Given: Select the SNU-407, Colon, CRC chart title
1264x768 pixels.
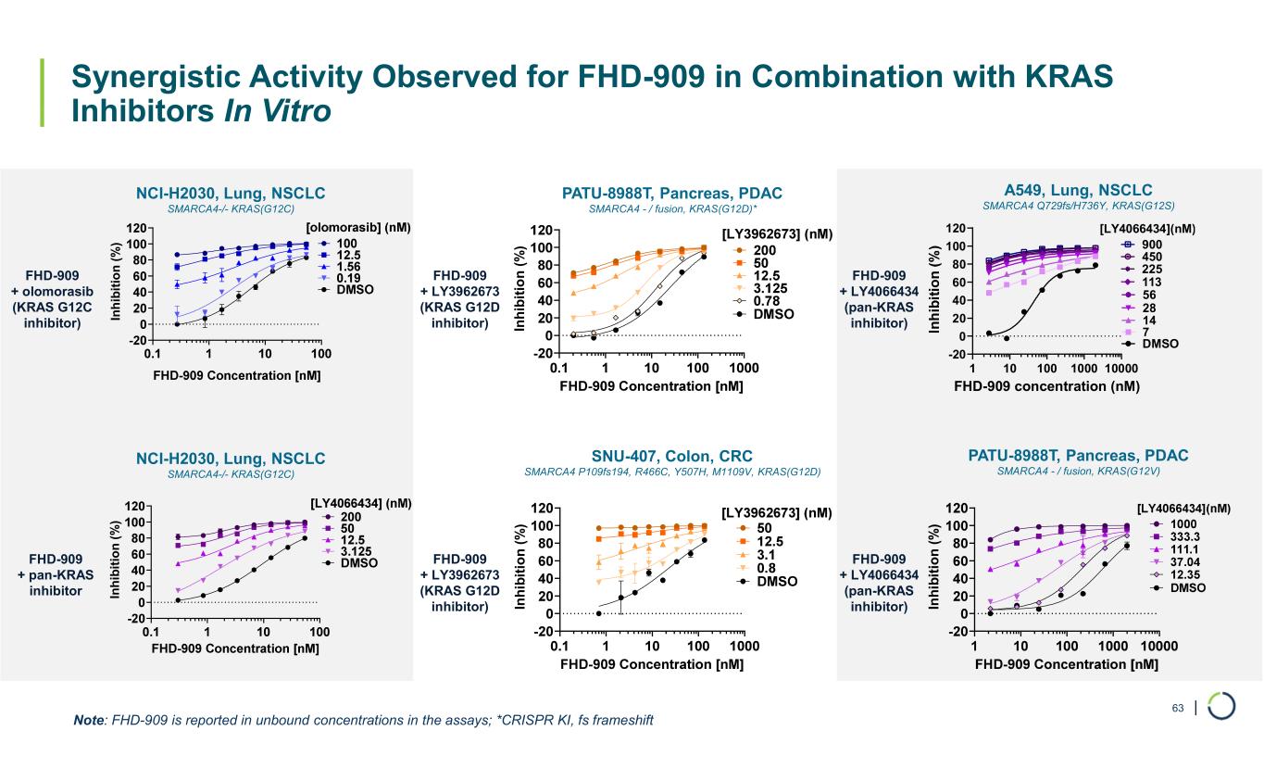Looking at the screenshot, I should click(671, 456).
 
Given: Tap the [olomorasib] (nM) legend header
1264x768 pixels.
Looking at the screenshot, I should click(358, 227).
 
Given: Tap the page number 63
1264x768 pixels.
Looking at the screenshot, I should click(1178, 709).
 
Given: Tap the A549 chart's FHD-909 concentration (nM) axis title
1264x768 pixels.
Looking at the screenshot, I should click(1045, 385).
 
